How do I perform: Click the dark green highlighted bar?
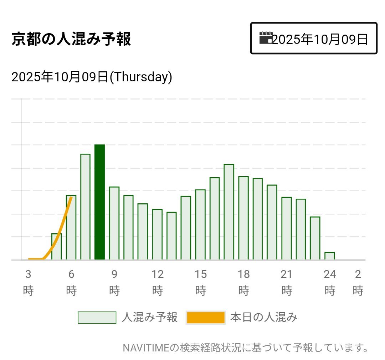click(99, 202)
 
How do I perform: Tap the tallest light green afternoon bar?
click(229, 212)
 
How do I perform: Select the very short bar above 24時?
click(329, 256)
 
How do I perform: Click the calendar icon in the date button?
click(266, 38)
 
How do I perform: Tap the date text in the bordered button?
click(320, 39)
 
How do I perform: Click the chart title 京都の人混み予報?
click(71, 39)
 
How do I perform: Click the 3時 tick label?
click(28, 283)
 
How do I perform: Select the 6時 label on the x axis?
click(71, 283)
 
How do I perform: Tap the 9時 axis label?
click(114, 283)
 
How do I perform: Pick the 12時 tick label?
click(158, 283)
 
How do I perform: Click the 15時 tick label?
click(201, 283)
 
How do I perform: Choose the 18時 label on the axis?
click(244, 283)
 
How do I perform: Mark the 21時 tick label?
click(287, 283)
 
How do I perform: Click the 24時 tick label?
click(330, 283)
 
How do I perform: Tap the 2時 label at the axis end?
click(358, 283)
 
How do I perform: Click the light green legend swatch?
click(97, 317)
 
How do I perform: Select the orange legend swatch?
click(205, 317)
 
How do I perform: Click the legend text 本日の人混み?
click(263, 317)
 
